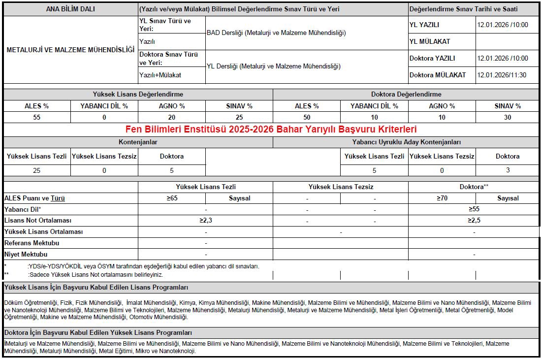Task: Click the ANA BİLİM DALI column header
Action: tap(70, 9)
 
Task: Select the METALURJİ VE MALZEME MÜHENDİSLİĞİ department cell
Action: tap(70, 50)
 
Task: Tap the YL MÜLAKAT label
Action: tap(430, 41)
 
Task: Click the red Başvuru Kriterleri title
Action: tap(271, 130)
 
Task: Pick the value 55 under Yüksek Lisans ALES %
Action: tap(37, 117)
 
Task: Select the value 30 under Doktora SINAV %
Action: tap(508, 117)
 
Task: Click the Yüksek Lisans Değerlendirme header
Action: tap(138, 94)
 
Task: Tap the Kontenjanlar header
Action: tap(138, 142)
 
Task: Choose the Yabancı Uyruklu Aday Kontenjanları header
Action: tap(406, 142)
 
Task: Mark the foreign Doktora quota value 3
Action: tap(508, 170)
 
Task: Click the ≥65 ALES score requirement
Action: tap(172, 198)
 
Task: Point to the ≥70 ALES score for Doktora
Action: tap(442, 198)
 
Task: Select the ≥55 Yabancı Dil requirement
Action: tap(474, 209)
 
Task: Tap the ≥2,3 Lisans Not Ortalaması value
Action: tap(206, 220)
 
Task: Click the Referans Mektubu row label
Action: tap(32, 243)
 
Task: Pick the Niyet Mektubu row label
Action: tap(26, 254)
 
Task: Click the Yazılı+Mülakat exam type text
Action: tap(160, 75)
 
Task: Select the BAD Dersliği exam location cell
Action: tap(276, 33)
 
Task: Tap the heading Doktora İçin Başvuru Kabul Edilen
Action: tap(98, 333)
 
